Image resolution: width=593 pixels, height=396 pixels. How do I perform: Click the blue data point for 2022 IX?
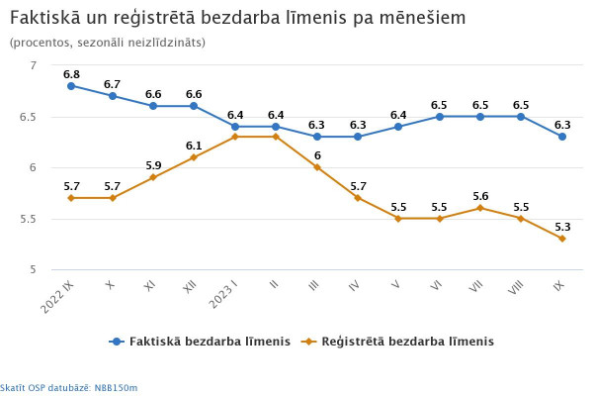71,86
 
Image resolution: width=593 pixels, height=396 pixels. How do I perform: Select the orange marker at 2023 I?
235,137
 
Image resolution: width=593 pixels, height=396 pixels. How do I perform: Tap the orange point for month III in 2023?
317,167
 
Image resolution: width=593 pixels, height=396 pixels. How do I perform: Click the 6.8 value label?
71,74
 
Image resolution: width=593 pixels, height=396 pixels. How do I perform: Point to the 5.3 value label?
562,227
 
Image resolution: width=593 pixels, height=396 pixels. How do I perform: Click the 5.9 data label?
153,165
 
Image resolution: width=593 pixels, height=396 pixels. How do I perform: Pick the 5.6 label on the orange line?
480,196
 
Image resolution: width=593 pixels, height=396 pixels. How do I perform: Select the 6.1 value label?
194,146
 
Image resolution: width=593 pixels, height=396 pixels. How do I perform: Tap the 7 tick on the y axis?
33,65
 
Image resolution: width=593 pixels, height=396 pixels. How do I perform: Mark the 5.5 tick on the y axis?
27,219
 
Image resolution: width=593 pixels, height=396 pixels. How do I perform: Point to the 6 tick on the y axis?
33,167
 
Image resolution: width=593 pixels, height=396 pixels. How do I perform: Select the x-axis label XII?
189,286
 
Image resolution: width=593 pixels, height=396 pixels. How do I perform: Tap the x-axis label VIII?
515,288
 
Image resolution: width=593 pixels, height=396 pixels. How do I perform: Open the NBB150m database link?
118,387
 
